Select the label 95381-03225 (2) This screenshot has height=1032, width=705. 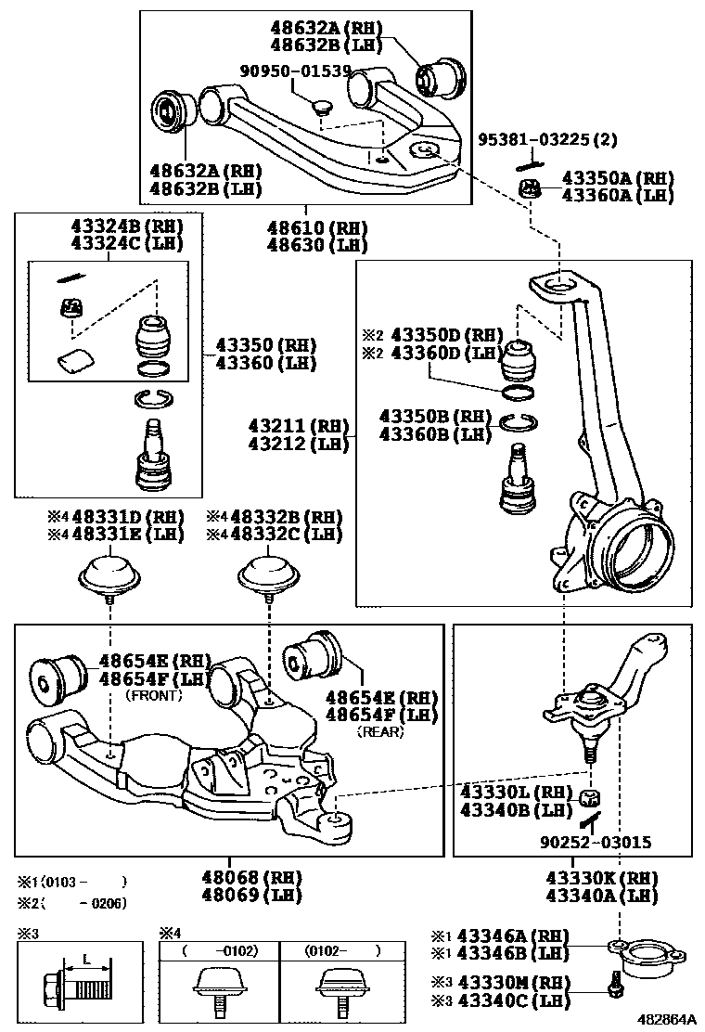548,140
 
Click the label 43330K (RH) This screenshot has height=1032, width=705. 601,878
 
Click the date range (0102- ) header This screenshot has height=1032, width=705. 345,951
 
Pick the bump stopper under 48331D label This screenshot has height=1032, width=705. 109,574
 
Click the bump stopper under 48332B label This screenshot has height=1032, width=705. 268,573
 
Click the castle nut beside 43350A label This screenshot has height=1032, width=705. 530,190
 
